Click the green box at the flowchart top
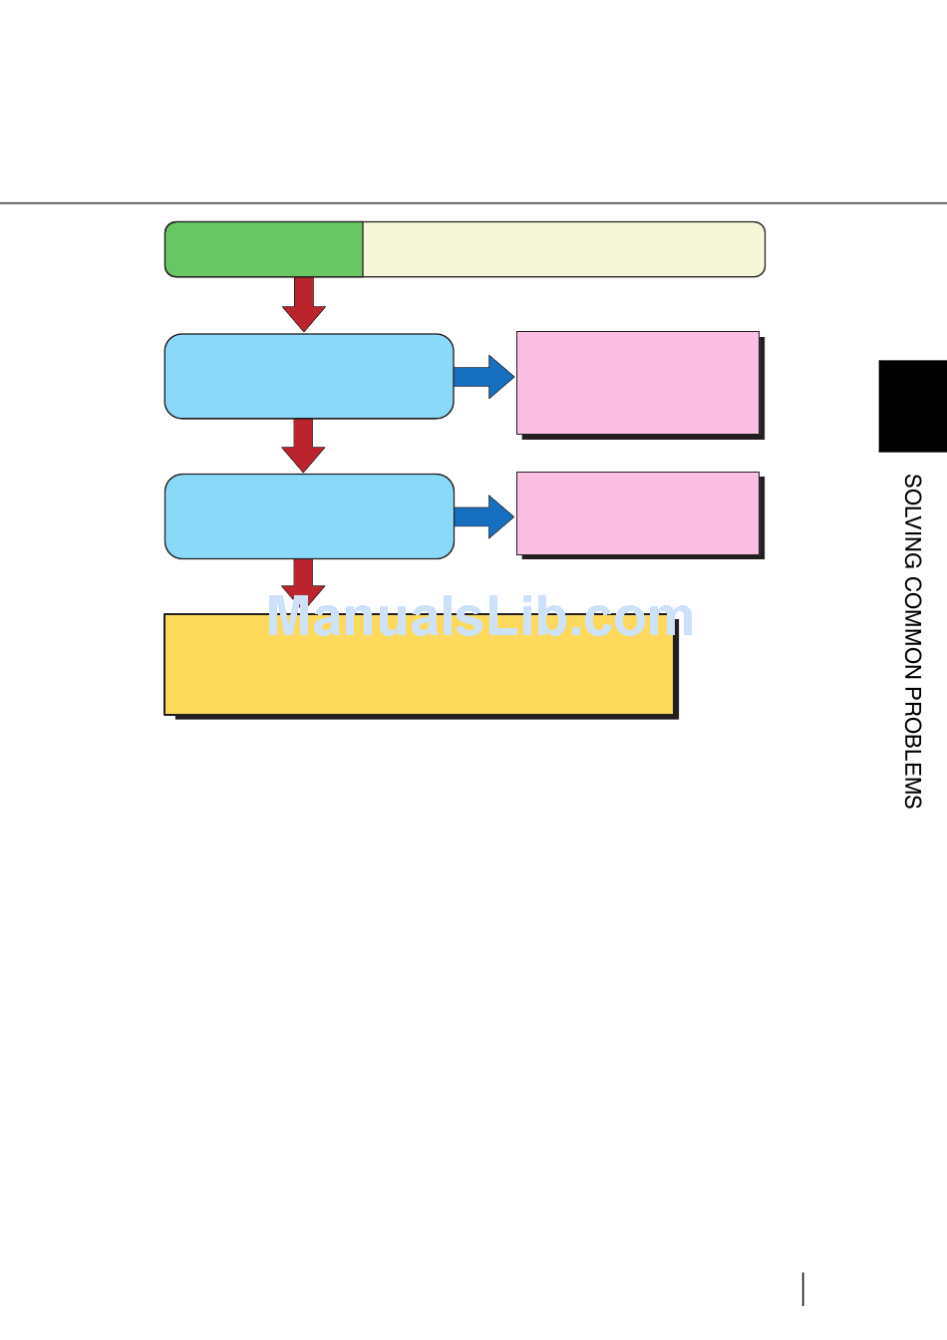tap(263, 249)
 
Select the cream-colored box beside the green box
tap(563, 249)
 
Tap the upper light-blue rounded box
tap(309, 376)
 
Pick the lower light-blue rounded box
tap(309, 515)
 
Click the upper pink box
tap(638, 383)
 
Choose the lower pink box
tap(638, 513)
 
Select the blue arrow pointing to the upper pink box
tap(484, 377)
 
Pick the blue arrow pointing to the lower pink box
tap(484, 516)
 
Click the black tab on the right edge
tap(912, 406)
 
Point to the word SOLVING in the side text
tap(912, 521)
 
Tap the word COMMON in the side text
tap(912, 630)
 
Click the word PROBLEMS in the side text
tap(912, 749)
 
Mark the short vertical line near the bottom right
tap(802, 1289)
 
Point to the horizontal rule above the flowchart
tap(473, 203)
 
